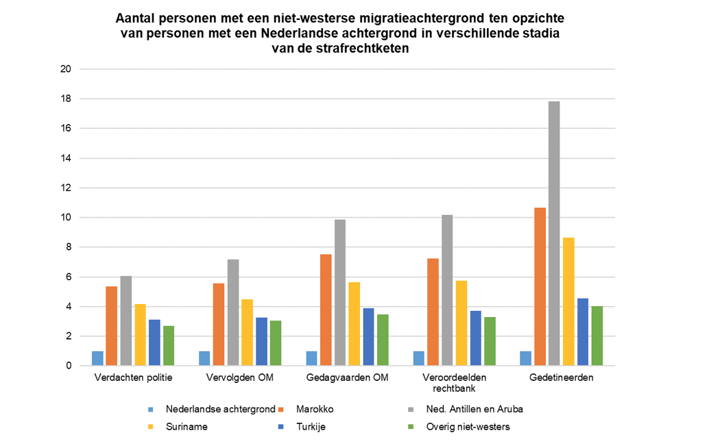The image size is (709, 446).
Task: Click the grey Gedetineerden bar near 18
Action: coord(553,233)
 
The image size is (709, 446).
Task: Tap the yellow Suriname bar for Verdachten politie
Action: coord(139,334)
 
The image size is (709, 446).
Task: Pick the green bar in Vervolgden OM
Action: coord(276,342)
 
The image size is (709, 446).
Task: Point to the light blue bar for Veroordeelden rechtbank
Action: coord(419,358)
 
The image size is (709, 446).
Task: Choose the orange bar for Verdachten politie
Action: coord(110,325)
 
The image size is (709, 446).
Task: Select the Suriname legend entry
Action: coord(185,427)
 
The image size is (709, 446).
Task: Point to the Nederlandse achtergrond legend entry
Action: coord(220,410)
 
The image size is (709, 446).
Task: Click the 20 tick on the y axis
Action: coord(67,69)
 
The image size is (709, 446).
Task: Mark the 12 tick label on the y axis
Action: coord(67,188)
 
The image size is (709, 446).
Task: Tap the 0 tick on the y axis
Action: coord(69,366)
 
